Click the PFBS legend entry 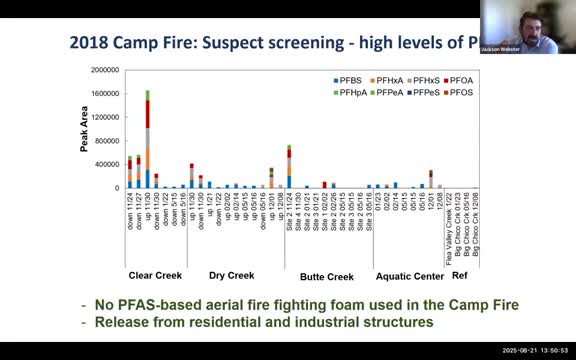pos(347,78)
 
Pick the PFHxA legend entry pos(384,78)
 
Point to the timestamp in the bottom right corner pos(532,353)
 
